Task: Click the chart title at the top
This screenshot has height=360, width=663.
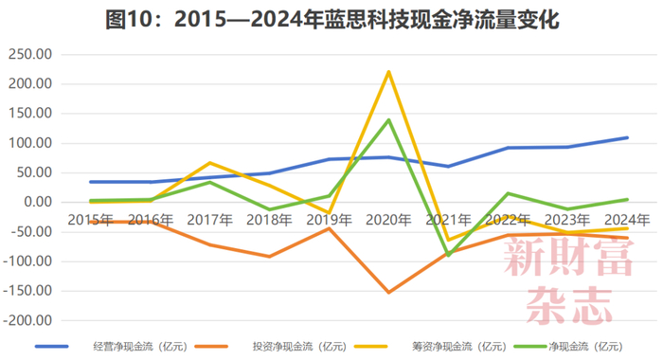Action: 331,19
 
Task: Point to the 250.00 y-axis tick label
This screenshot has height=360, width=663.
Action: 29,55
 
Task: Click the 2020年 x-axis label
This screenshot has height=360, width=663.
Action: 387,220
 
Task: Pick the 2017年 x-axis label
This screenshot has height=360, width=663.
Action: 209,220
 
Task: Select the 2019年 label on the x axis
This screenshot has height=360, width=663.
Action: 329,220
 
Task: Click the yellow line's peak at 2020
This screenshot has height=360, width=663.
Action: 388,71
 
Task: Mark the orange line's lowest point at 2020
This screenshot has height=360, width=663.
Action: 388,292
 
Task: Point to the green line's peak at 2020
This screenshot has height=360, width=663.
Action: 388,119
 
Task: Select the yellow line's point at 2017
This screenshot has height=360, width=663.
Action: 209,162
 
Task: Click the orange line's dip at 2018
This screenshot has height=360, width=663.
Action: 269,256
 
